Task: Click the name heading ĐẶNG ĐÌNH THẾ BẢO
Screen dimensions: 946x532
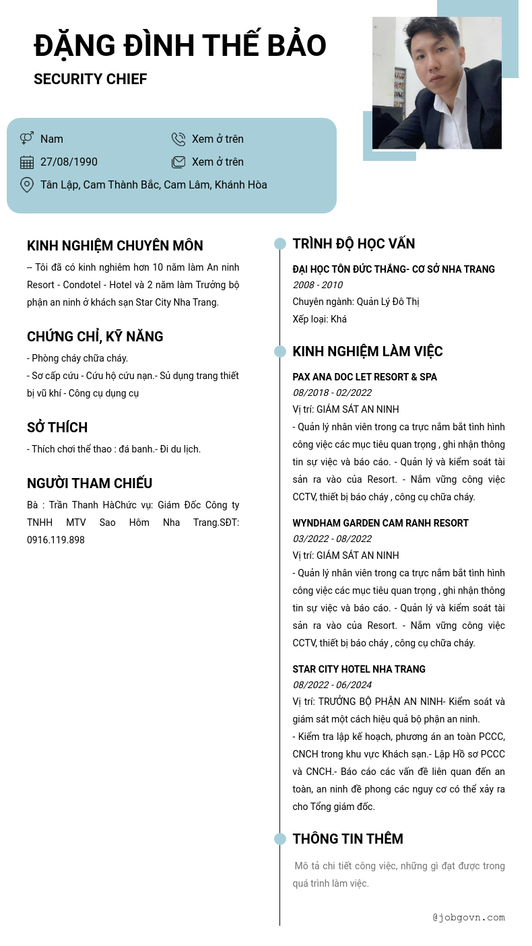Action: (x=180, y=46)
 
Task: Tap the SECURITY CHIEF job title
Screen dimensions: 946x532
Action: (x=90, y=79)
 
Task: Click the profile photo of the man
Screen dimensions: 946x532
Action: (x=436, y=83)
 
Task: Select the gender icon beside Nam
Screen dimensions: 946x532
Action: (x=27, y=139)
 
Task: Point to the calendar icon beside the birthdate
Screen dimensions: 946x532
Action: (x=27, y=162)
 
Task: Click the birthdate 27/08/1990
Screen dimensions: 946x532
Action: (x=69, y=162)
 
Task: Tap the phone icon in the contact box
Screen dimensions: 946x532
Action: (x=178, y=139)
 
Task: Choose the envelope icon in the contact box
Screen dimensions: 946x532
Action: (x=178, y=162)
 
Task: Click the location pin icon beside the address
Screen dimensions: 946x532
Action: (x=27, y=185)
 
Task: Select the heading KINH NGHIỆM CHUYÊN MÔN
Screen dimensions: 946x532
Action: (x=115, y=246)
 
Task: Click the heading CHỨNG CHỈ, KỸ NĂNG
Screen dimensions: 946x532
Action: (x=95, y=337)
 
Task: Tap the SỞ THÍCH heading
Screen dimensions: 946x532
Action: (x=57, y=428)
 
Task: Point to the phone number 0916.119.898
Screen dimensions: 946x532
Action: (x=56, y=540)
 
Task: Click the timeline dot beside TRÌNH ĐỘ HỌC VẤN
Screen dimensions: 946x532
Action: (x=280, y=244)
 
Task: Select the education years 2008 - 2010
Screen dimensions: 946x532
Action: (x=317, y=285)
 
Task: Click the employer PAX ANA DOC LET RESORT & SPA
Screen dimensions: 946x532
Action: (x=364, y=377)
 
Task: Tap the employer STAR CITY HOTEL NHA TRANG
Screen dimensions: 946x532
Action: (x=359, y=669)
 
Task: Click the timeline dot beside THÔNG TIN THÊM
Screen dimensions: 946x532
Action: (x=280, y=839)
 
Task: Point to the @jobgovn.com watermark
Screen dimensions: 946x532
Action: (x=469, y=917)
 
